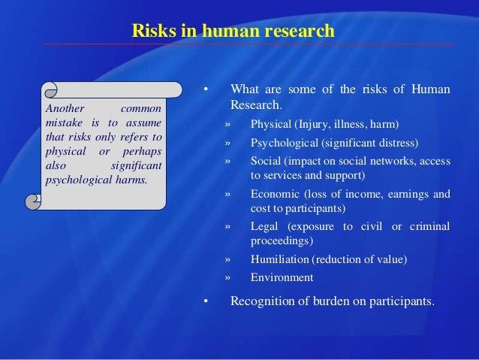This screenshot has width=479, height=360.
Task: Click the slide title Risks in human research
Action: pos(233,31)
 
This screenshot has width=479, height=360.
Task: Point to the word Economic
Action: pos(275,194)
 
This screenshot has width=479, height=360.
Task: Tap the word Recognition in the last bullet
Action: pos(264,302)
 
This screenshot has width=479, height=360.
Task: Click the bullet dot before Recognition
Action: pos(204,302)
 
